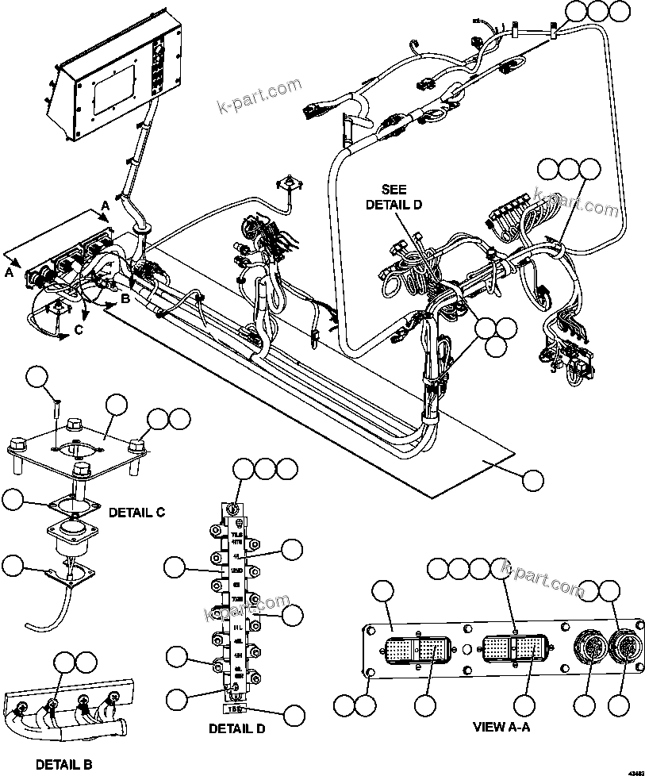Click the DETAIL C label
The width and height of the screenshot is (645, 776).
[136, 512]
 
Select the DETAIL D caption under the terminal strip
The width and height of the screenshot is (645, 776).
[236, 728]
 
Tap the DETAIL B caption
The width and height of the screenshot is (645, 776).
[63, 764]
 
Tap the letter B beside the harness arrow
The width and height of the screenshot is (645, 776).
[125, 299]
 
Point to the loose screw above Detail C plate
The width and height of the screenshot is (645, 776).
[54, 409]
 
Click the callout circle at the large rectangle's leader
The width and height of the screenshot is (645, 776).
[534, 480]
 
